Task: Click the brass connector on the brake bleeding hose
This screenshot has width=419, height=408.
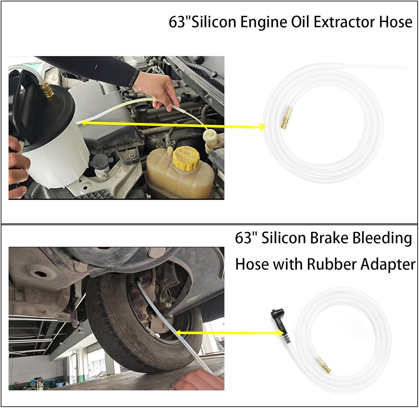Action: [323, 365]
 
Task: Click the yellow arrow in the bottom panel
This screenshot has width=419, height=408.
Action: [229, 332]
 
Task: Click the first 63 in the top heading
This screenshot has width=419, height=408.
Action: [177, 22]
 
